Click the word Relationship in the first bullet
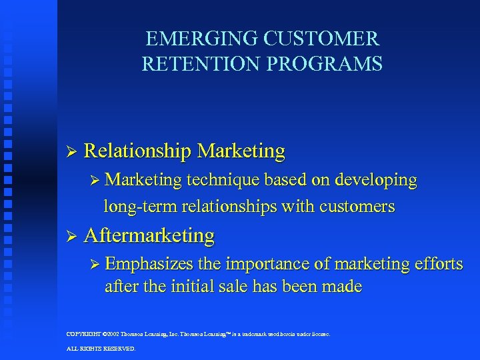(x=138, y=151)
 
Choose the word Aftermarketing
(x=149, y=235)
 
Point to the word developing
(x=377, y=180)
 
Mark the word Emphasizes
(x=149, y=264)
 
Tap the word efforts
(x=437, y=264)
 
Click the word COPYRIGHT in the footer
(x=83, y=333)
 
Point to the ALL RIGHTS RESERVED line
(x=101, y=349)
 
